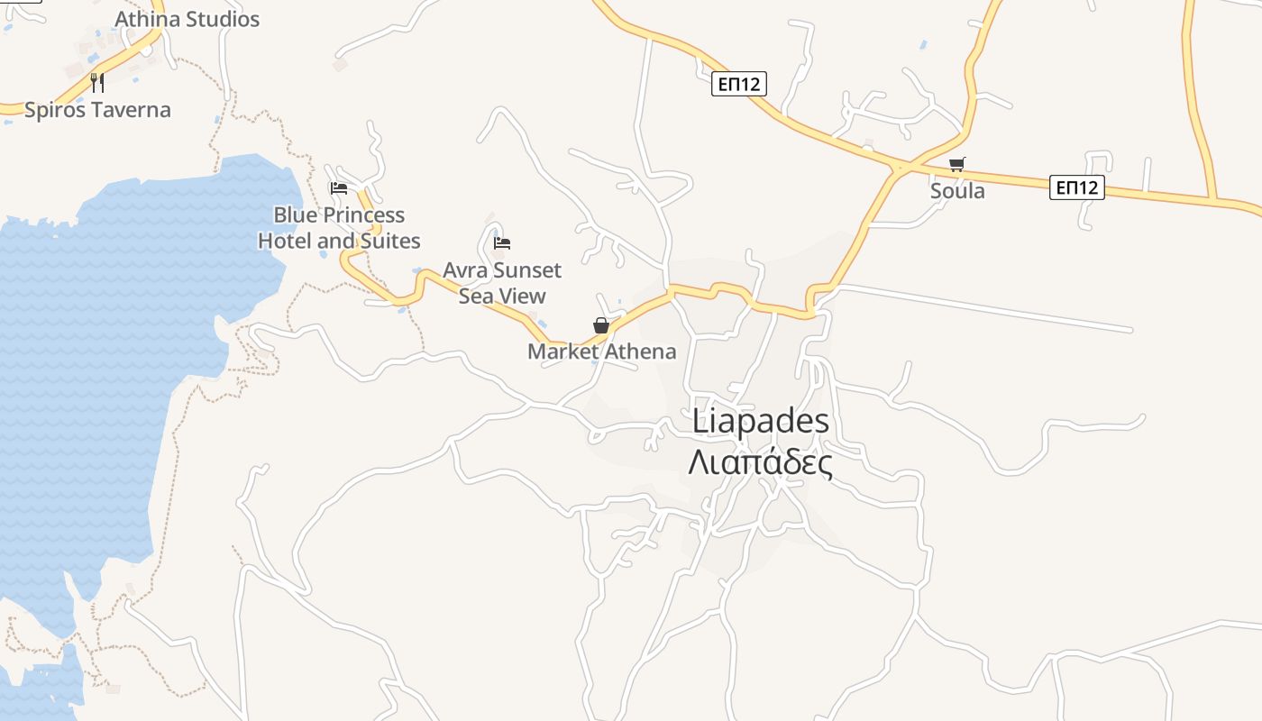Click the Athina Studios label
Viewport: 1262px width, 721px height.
click(x=187, y=19)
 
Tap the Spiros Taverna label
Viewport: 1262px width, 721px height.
click(x=97, y=110)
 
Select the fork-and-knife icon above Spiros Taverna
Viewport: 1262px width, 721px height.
click(x=97, y=83)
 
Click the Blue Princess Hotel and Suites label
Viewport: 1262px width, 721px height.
click(x=339, y=228)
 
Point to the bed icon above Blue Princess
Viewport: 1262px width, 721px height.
click(x=339, y=187)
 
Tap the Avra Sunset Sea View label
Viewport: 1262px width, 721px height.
click(x=502, y=283)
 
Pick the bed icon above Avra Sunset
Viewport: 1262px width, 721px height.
click(x=502, y=242)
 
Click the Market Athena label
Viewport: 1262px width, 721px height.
click(x=601, y=351)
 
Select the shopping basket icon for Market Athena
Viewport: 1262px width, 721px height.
click(x=601, y=325)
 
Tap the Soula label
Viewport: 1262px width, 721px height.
click(x=957, y=191)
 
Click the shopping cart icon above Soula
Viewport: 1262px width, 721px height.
click(x=956, y=164)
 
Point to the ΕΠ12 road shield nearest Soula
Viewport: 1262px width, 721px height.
click(x=1076, y=187)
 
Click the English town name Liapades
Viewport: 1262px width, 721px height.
click(x=761, y=421)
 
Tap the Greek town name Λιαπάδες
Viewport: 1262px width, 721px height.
click(x=760, y=462)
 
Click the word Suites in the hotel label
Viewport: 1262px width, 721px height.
click(x=389, y=241)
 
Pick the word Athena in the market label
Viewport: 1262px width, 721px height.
click(x=640, y=351)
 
